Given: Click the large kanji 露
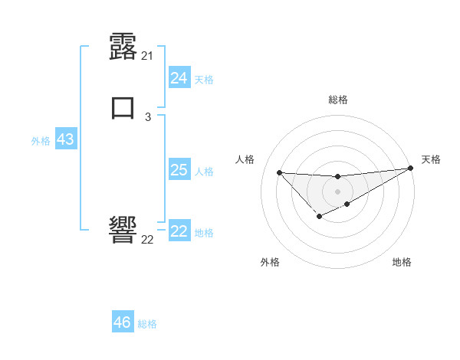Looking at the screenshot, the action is click(x=123, y=47).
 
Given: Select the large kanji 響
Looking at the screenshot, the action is click(x=123, y=230).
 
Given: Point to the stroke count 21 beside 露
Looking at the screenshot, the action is click(x=148, y=56).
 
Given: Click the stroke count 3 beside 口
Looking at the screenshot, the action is click(x=148, y=116).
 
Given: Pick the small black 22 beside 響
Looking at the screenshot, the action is click(x=148, y=240).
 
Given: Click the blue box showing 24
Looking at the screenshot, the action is click(x=179, y=78).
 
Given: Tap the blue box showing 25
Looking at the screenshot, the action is click(x=179, y=170).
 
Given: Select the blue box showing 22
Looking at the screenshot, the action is click(x=179, y=231).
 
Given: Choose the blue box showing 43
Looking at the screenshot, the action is click(x=65, y=140).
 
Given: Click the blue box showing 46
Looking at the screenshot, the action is click(x=123, y=322).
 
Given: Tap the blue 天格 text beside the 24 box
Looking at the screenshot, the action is click(x=204, y=80).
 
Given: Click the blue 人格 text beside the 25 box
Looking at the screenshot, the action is click(x=204, y=172).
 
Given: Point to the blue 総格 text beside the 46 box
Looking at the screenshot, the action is click(x=147, y=324).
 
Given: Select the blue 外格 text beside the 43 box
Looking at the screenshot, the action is click(x=41, y=142).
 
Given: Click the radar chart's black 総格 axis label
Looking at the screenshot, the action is click(x=337, y=100).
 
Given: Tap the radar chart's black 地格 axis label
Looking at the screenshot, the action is click(x=402, y=262).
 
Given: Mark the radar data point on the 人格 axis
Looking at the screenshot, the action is click(x=279, y=172).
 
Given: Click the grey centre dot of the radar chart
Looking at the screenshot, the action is click(x=337, y=191).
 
